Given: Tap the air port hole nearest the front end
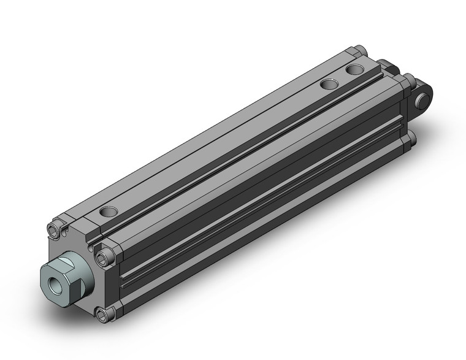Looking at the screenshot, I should pos(109,212).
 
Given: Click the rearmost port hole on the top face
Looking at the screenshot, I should pos(354,69).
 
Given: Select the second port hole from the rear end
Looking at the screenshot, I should pos(329,84).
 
